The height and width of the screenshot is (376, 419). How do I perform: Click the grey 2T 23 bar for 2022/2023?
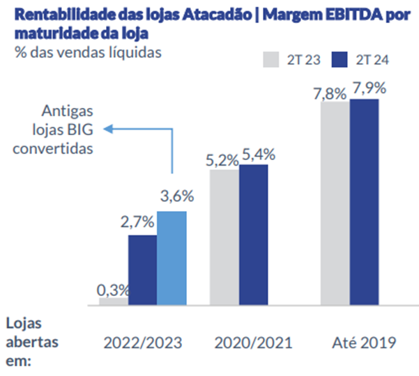pyautogui.click(x=113, y=301)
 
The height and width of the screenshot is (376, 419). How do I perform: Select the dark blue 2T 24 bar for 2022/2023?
pyautogui.click(x=142, y=270)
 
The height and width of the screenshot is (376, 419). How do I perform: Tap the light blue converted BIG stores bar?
pyautogui.click(x=172, y=258)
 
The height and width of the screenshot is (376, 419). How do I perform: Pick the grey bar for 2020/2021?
pyautogui.click(x=224, y=237)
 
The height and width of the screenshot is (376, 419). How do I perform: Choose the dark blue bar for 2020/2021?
pyautogui.click(x=253, y=235)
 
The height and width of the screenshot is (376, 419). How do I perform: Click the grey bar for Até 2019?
pyautogui.click(x=335, y=204)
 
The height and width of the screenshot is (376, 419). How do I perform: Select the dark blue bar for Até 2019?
pyautogui.click(x=364, y=202)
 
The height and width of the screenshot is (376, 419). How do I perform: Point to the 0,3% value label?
pyautogui.click(x=113, y=288)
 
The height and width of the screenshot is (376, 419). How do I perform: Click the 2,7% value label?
pyautogui.click(x=142, y=224)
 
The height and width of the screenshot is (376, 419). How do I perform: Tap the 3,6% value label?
pyautogui.click(x=173, y=198)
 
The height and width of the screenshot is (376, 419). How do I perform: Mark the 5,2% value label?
pyautogui.click(x=223, y=159)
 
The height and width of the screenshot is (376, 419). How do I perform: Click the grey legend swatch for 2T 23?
pyautogui.click(x=271, y=59)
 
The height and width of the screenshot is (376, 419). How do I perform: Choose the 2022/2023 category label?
pyautogui.click(x=143, y=343)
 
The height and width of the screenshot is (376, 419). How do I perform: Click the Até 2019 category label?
pyautogui.click(x=364, y=343)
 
